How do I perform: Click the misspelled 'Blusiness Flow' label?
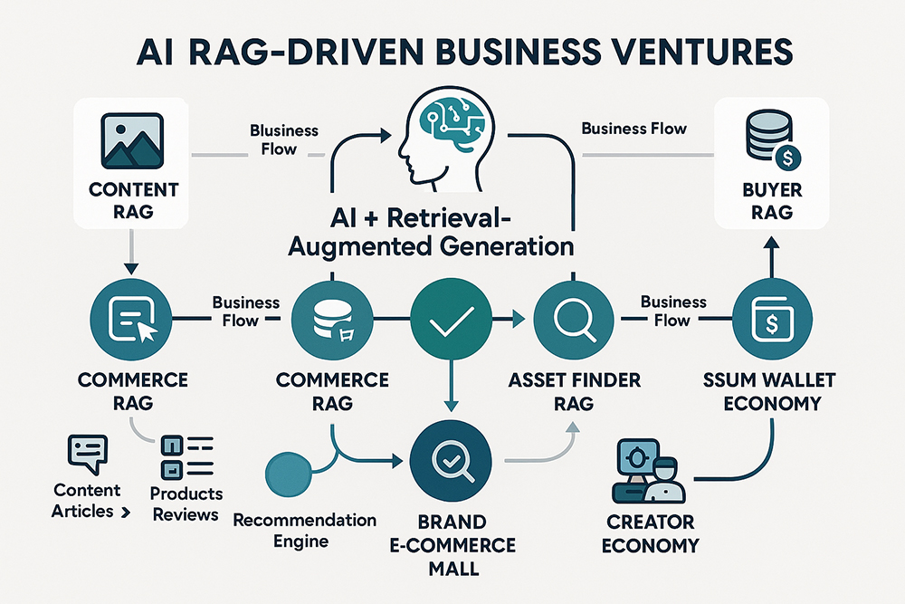(x=284, y=139)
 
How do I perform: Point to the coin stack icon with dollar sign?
(x=767, y=138)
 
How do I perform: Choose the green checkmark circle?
(x=446, y=321)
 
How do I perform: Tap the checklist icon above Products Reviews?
(x=185, y=456)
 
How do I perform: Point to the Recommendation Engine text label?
(x=304, y=532)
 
